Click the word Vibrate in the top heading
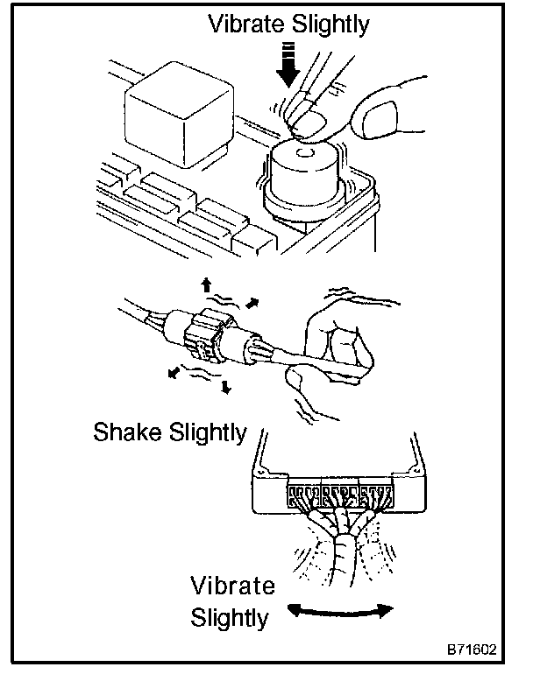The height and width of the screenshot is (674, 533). point(248,24)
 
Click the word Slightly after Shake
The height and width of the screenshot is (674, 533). point(211,433)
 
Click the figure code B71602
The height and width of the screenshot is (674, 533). point(471,651)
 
